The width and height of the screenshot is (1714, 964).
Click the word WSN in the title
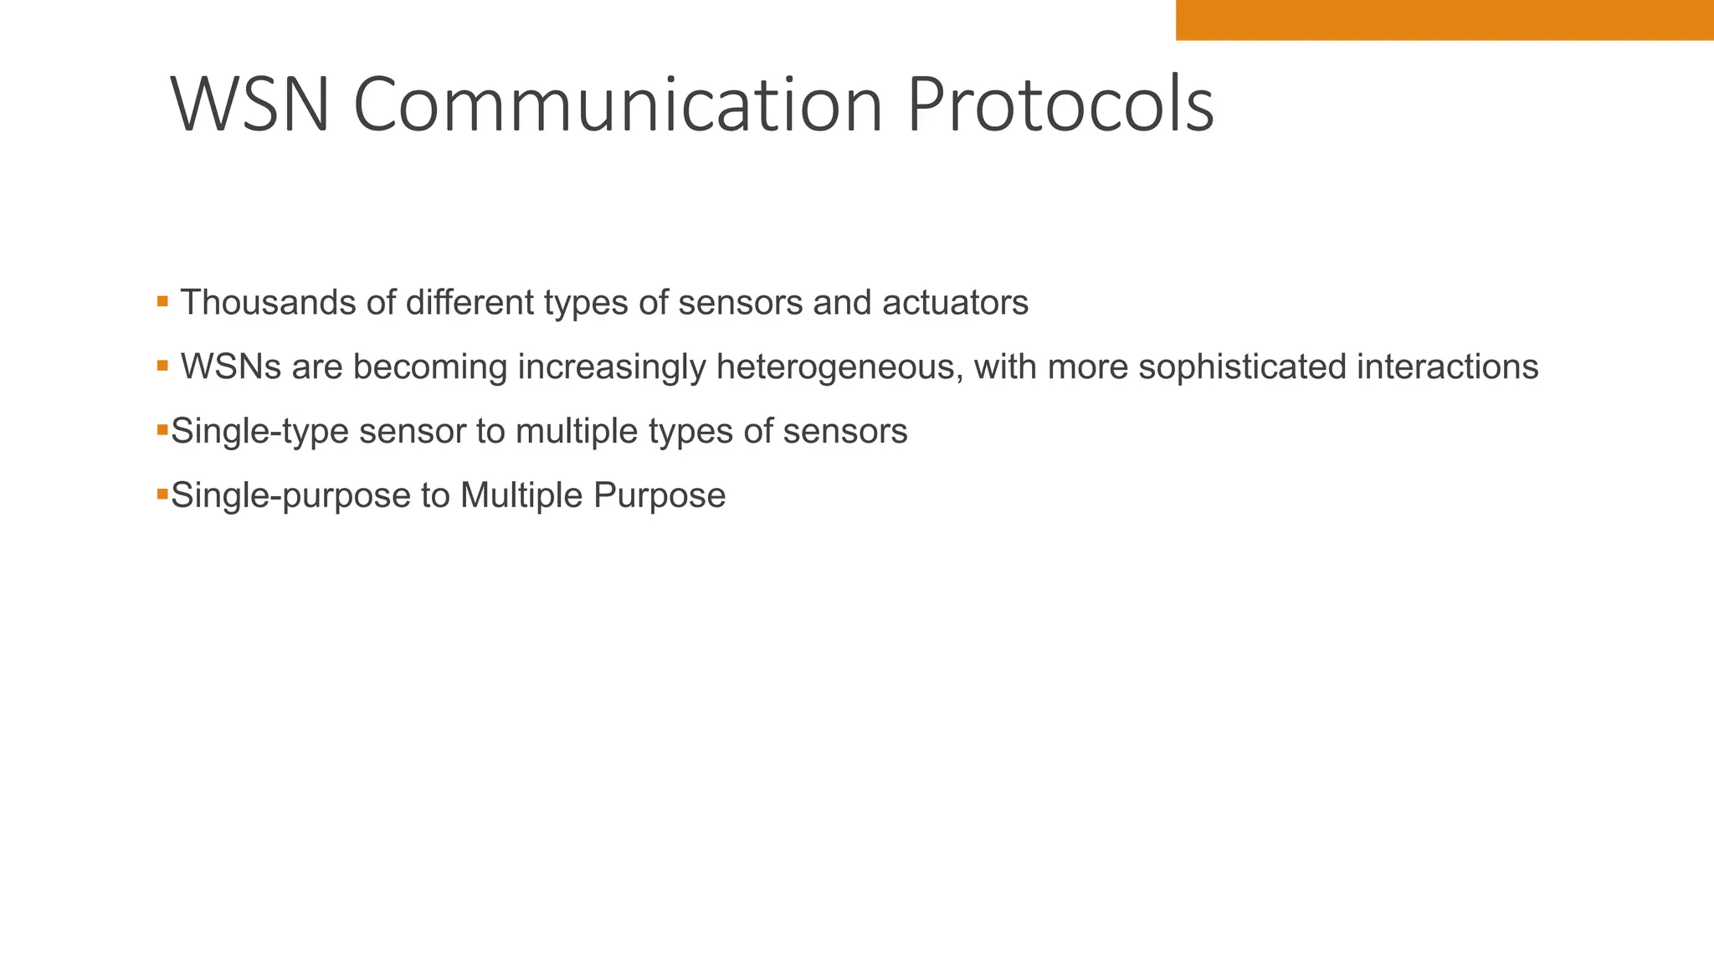(x=249, y=105)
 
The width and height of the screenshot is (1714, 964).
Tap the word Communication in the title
(x=618, y=105)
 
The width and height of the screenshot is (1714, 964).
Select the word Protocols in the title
(x=1060, y=105)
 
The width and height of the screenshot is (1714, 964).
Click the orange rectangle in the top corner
(x=1444, y=20)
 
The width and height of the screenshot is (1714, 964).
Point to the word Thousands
(x=269, y=303)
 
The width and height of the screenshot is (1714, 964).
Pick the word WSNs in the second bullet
(x=231, y=367)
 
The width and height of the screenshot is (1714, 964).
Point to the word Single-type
(x=259, y=432)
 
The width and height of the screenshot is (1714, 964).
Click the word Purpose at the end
(x=659, y=496)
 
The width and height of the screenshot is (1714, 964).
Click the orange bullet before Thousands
(x=162, y=300)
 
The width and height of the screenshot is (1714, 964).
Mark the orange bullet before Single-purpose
(x=162, y=494)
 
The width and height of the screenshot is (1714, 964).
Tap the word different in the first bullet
(x=470, y=303)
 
